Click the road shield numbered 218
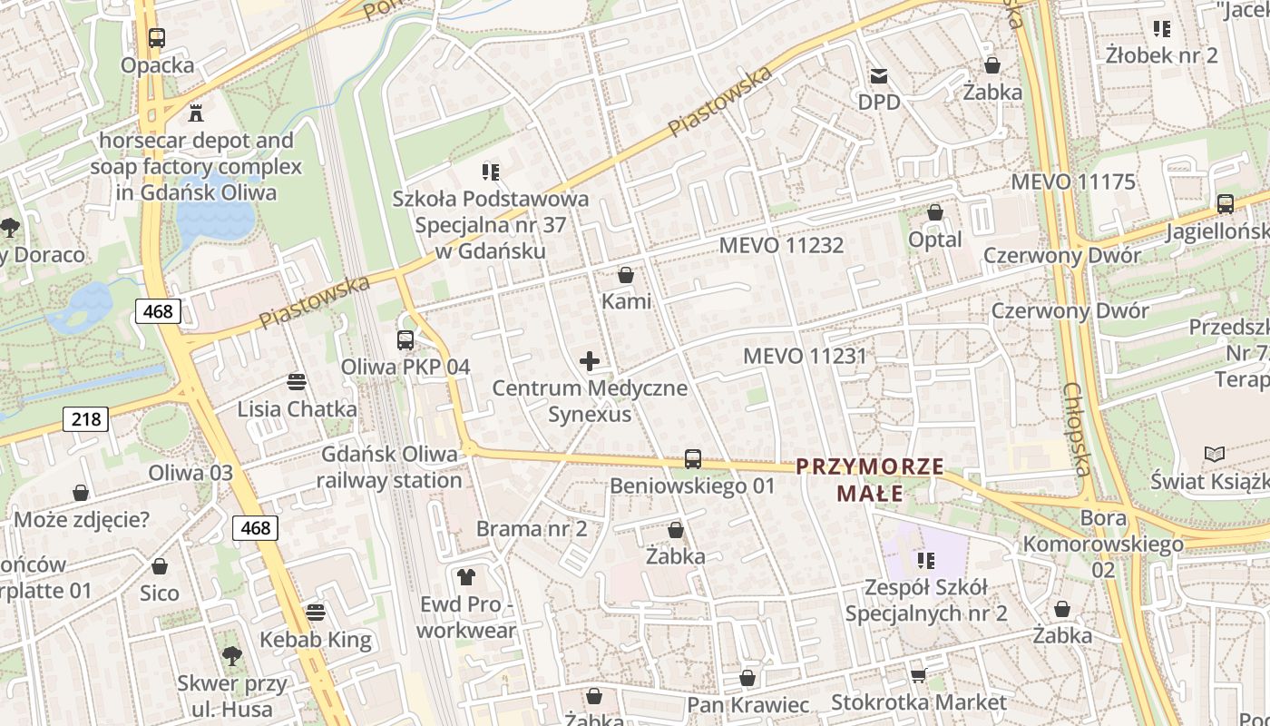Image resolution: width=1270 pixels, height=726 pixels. point(86,418)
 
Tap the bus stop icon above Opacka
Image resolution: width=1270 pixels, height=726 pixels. point(157,38)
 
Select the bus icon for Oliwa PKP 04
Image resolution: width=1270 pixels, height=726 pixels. point(405,340)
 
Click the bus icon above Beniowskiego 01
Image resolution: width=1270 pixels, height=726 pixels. point(693,458)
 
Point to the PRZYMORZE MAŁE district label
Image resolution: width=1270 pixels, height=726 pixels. point(870,480)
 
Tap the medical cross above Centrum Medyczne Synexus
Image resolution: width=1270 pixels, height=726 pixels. point(590,362)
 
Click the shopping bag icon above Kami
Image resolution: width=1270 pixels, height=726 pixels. point(626,274)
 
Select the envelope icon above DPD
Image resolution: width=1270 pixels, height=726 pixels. point(879,75)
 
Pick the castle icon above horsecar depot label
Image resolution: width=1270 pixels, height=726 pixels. point(195,113)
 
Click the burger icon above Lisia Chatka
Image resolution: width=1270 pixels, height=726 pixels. point(297,382)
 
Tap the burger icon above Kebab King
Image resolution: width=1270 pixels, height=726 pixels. point(316,613)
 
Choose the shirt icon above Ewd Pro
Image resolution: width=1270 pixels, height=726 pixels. point(466,576)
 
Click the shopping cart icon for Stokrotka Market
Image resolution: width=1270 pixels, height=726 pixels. point(918,675)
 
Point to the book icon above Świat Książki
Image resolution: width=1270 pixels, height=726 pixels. point(1214,453)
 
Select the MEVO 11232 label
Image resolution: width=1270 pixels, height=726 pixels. point(781,245)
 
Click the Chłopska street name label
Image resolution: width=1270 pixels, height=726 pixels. point(1077,428)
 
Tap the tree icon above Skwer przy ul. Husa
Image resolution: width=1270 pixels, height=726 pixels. point(232,655)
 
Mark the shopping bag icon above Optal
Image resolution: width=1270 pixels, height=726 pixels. point(935,212)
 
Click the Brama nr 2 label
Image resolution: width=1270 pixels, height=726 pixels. point(532,528)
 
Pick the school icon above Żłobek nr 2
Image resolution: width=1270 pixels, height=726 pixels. point(1161,28)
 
